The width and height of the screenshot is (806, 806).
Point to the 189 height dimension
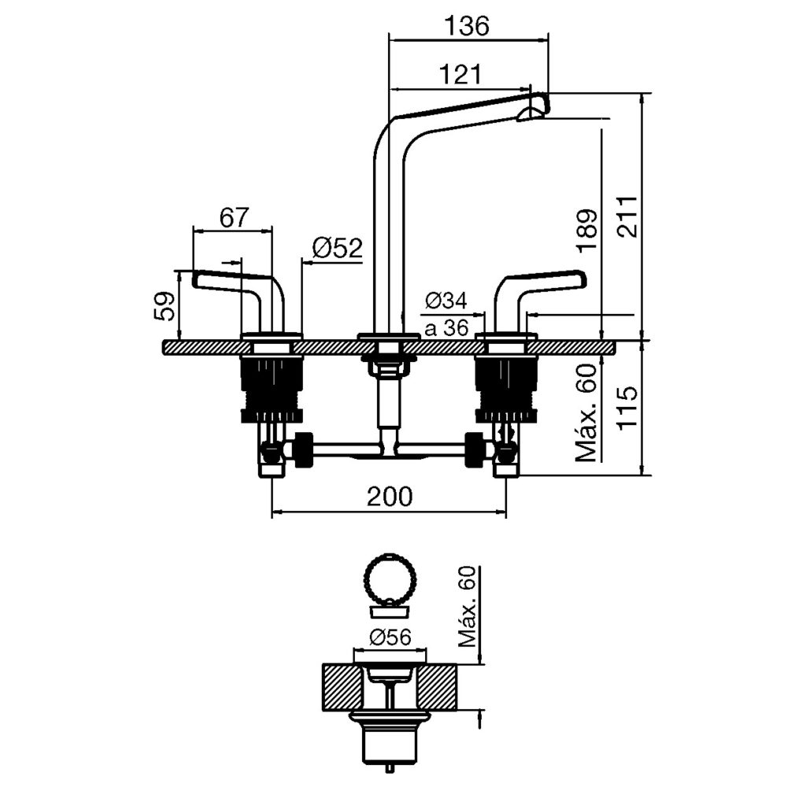click(587, 229)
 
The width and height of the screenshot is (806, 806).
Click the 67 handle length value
click(234, 217)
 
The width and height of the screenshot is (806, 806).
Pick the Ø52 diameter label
click(337, 248)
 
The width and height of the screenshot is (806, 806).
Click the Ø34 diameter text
click(446, 301)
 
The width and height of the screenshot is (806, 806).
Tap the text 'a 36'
click(446, 328)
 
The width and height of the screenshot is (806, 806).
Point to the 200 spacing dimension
click(390, 496)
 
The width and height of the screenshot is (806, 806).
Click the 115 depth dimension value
click(627, 409)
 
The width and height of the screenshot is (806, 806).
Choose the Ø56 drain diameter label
click(390, 638)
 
